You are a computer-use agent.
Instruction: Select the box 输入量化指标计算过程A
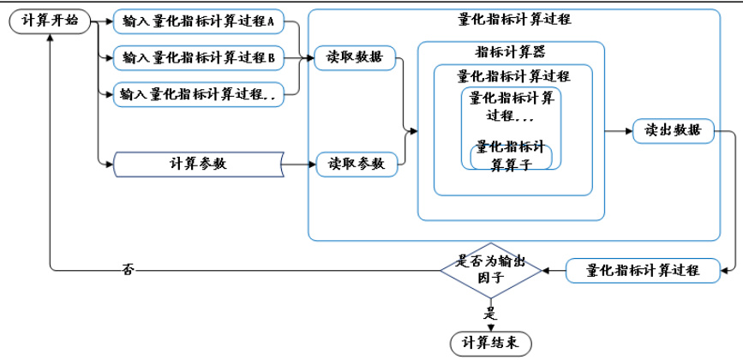(x=198, y=21)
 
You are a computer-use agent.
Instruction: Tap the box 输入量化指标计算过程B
(x=198, y=58)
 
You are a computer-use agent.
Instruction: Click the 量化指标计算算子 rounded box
(x=512, y=156)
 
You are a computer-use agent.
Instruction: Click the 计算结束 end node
(x=491, y=344)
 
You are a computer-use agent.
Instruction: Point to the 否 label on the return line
(x=128, y=271)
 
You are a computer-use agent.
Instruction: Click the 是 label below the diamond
(x=491, y=313)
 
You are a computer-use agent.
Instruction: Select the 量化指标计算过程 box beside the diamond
(x=643, y=270)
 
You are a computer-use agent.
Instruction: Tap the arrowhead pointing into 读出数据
(x=628, y=131)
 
